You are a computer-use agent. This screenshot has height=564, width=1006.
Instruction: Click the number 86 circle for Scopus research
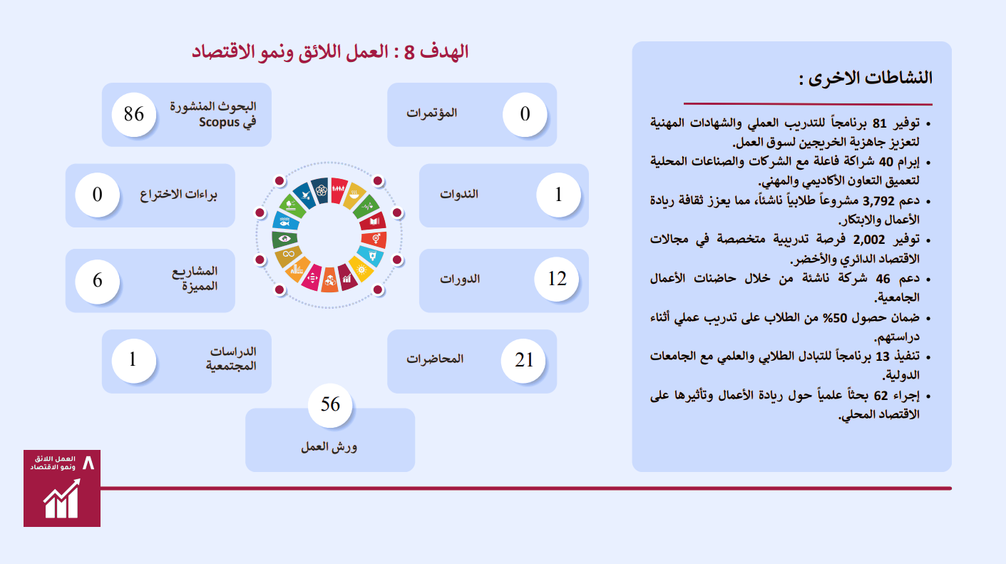click(134, 114)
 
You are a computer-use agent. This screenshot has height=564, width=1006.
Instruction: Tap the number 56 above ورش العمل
click(330, 404)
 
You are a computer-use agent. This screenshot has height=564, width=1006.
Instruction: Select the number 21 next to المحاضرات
click(523, 360)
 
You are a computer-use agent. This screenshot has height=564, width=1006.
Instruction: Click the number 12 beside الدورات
click(557, 280)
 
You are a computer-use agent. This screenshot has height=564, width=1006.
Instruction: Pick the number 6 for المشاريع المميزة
click(98, 281)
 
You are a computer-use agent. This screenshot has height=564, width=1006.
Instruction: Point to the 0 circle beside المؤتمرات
click(525, 114)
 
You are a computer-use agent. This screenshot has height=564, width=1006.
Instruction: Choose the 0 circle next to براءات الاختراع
click(98, 195)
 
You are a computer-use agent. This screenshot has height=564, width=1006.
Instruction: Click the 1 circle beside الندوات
click(559, 195)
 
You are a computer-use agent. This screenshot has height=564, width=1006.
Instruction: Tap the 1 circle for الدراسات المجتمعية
click(134, 360)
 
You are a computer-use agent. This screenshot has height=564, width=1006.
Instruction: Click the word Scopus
click(219, 122)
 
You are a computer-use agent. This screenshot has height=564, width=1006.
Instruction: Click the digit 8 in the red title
click(409, 52)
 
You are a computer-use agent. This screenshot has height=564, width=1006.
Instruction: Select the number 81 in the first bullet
click(879, 123)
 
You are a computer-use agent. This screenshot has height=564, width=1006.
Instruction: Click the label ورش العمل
click(329, 447)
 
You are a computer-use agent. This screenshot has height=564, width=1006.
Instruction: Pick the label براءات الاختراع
click(178, 195)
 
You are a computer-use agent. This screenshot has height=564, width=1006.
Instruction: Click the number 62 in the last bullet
click(881, 396)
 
